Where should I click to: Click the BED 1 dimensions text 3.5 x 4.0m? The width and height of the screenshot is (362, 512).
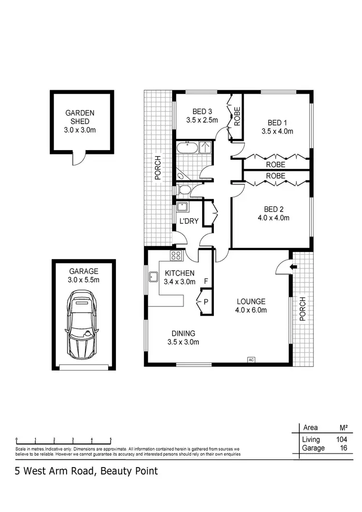pos(277,131)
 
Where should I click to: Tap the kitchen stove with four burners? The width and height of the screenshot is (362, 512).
pos(176,256)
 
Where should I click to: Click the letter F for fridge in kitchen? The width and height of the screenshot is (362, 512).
pos(206,281)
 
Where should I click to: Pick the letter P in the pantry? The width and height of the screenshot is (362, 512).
pos(206,302)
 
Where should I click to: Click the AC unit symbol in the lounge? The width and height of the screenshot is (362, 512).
pos(251,359)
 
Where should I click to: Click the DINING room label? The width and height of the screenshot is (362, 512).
pos(183,333)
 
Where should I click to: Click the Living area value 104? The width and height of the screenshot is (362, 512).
pos(341,440)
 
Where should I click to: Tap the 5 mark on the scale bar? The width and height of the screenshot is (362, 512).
pos(111,440)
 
